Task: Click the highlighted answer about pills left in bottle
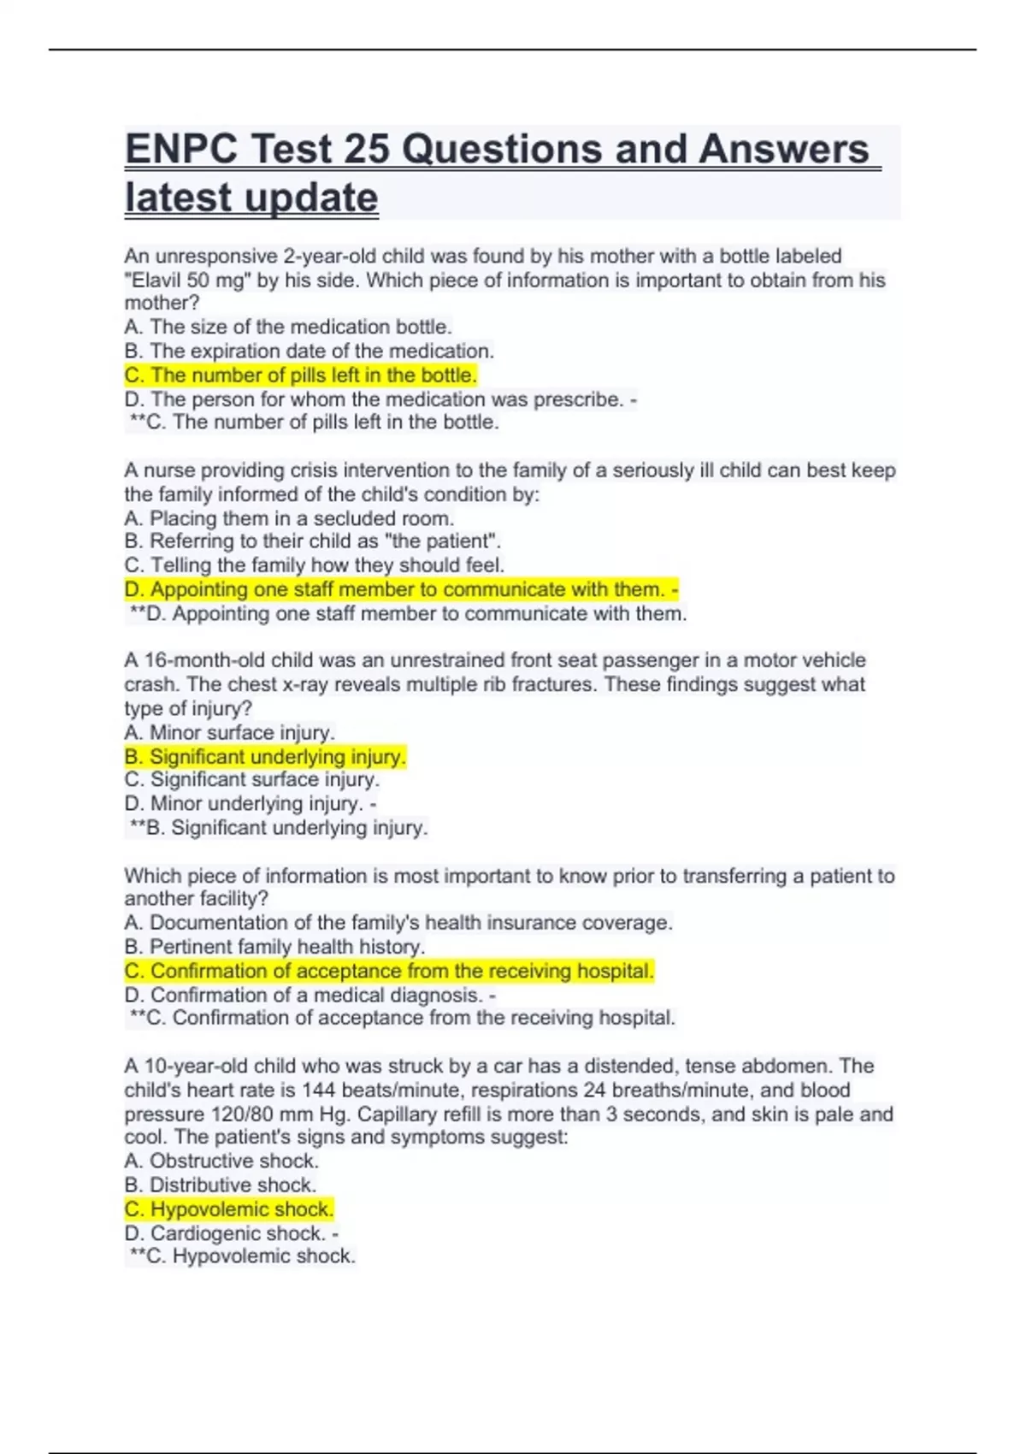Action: (x=300, y=375)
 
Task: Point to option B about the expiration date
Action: (x=309, y=351)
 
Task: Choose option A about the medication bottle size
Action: (x=288, y=327)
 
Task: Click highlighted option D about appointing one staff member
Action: (x=400, y=589)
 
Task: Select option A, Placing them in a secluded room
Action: (x=289, y=518)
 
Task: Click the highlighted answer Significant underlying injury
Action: (x=265, y=757)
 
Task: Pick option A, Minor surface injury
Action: (x=229, y=733)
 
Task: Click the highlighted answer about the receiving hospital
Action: (x=389, y=971)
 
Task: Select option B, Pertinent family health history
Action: (x=274, y=947)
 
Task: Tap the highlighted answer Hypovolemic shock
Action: (x=229, y=1209)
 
